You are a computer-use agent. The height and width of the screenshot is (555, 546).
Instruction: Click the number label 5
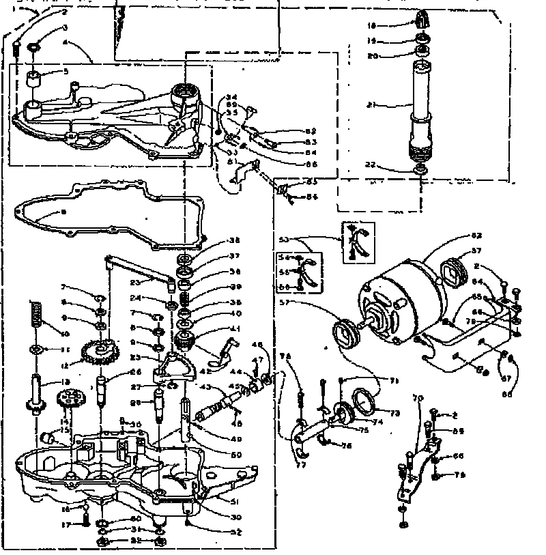(x=66, y=71)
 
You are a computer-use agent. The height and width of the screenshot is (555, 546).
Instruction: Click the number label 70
(x=418, y=397)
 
